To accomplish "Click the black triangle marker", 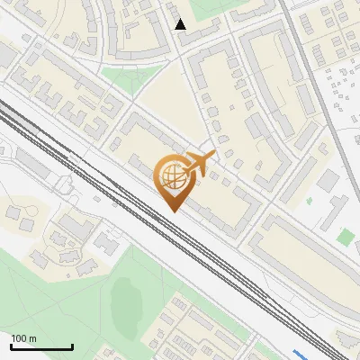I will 181,24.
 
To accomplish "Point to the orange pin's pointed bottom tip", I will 172,211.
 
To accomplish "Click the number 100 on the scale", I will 19,338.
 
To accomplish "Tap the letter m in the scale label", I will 32,338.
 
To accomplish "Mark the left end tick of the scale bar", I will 11,346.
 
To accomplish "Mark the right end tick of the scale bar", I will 72,346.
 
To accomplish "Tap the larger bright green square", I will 346,237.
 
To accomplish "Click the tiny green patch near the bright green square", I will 309,200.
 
